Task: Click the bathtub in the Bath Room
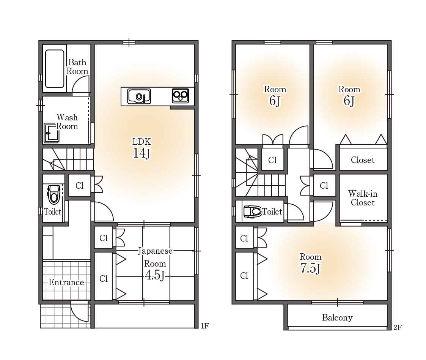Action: pos(55,68)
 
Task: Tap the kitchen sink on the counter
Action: pos(139,96)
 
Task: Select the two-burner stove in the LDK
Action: pos(181,96)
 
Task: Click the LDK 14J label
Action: pos(141,148)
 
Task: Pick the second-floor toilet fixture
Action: pos(252,212)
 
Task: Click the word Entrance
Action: pos(66,282)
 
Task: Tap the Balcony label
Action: pos(337,317)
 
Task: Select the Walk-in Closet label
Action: pos(363,198)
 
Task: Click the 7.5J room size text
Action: pos(311,268)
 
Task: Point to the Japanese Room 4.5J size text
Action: pos(155,275)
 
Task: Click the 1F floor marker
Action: pos(205,326)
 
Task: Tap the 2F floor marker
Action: pos(398,327)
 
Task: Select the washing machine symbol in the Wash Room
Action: pos(52,133)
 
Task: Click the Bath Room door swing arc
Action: pos(81,84)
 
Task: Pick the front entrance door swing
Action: pos(80,313)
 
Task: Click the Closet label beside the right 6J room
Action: pos(363,160)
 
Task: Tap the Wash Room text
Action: pos(67,122)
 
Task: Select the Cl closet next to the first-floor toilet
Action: pos(79,185)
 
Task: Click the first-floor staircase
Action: pos(68,159)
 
